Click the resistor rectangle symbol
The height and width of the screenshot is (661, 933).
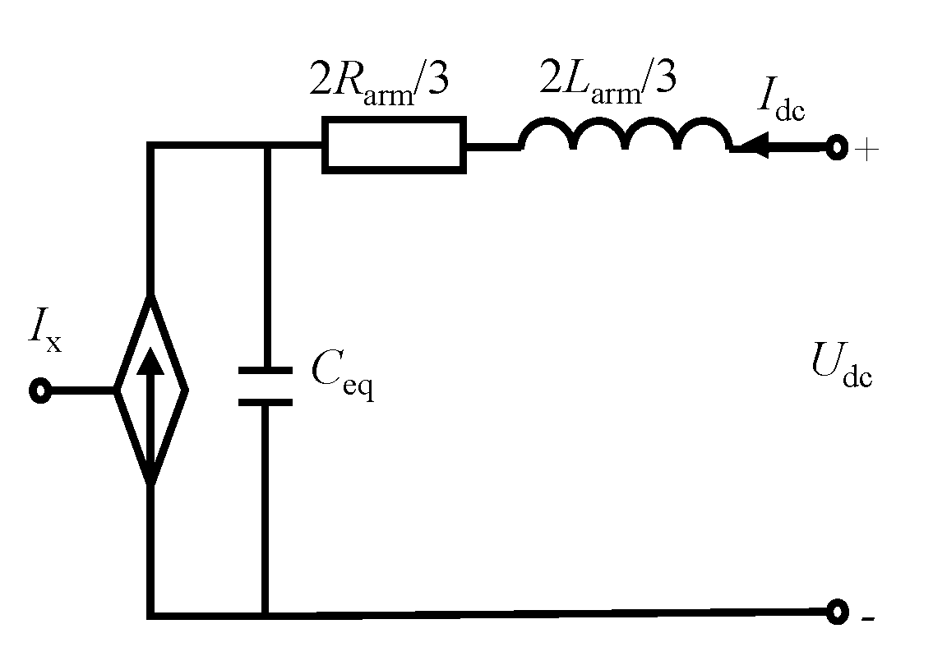(395, 145)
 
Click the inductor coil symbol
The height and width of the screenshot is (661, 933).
(625, 136)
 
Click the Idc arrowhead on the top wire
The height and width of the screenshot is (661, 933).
(751, 148)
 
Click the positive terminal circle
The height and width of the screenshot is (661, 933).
(836, 149)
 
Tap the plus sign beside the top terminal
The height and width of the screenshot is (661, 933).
(867, 152)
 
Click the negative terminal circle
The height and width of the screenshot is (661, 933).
(837, 612)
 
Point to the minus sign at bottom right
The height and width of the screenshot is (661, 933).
(867, 618)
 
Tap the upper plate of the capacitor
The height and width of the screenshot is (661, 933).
(265, 372)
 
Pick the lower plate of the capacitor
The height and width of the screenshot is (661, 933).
(265, 402)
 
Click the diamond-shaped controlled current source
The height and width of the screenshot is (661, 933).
(150, 390)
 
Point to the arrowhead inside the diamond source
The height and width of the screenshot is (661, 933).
(150, 362)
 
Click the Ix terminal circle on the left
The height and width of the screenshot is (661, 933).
(39, 391)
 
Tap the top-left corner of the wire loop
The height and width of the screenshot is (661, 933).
(150, 146)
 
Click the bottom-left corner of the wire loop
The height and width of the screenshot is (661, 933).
(150, 613)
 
